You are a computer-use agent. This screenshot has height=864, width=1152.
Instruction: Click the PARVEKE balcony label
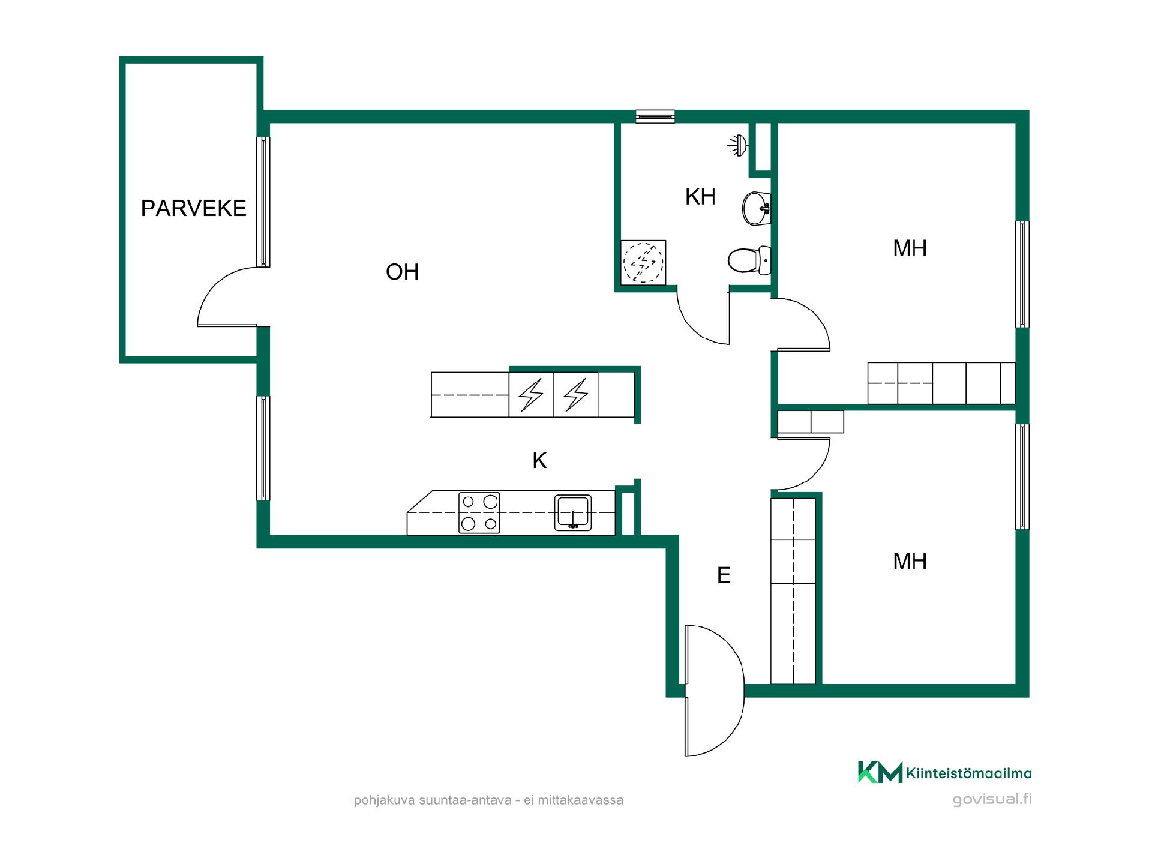[193, 208]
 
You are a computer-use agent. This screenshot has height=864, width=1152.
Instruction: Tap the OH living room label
[402, 272]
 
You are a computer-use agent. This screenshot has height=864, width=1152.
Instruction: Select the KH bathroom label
[700, 197]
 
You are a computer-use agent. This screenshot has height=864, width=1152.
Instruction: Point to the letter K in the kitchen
[539, 461]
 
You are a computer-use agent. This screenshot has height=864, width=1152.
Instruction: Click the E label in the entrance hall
[724, 575]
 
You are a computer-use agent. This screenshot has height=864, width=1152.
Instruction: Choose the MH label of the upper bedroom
[910, 248]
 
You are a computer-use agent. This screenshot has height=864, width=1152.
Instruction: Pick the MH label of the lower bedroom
[910, 562]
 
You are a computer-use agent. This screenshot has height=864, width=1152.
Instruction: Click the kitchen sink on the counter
[573, 512]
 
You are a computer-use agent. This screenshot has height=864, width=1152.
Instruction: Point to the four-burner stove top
[479, 513]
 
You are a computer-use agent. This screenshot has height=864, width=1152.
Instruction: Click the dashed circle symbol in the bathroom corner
[643, 262]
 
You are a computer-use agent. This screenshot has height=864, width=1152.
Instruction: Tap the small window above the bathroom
[655, 116]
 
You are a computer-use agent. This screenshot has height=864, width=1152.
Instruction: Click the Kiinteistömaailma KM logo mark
[880, 772]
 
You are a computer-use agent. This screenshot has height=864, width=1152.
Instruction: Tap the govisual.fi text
[992, 799]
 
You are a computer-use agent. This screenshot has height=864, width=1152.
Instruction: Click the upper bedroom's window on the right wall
[1022, 274]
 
